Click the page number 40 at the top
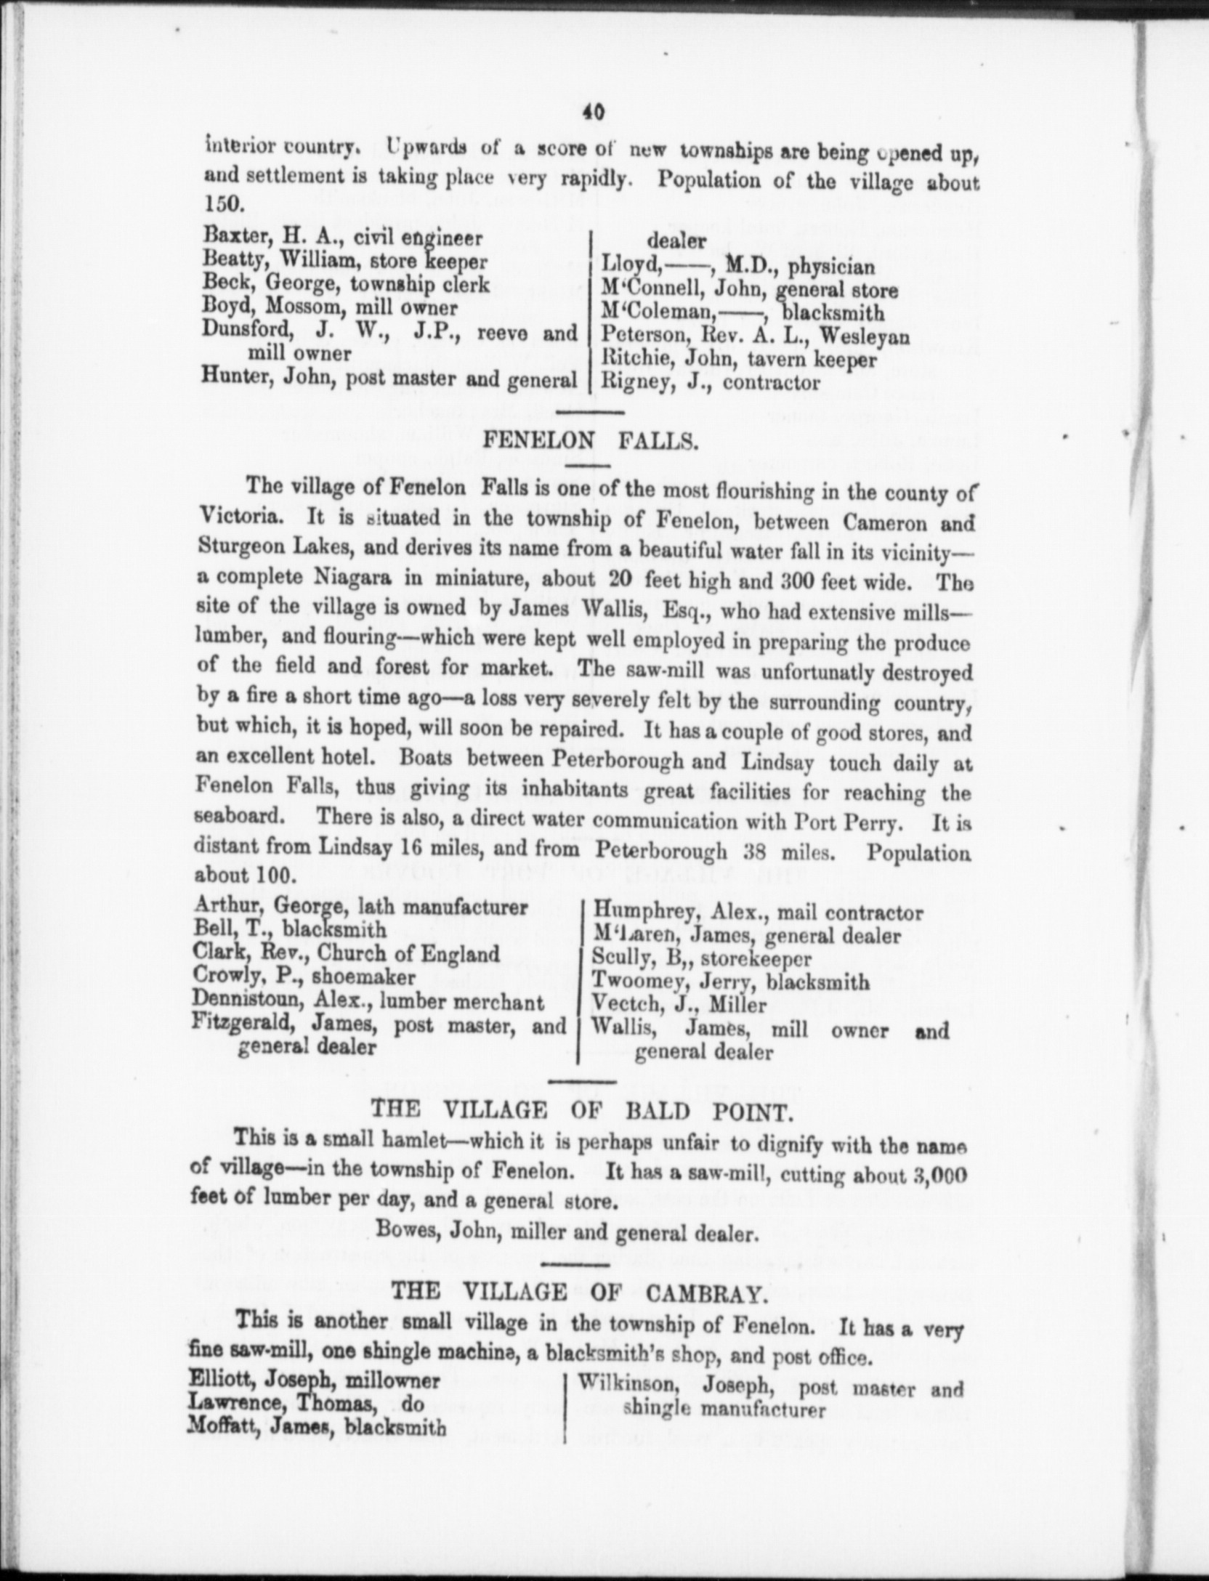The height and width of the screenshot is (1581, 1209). click(592, 113)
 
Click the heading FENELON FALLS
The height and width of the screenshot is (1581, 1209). click(590, 440)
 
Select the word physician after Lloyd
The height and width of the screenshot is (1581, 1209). click(832, 267)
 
